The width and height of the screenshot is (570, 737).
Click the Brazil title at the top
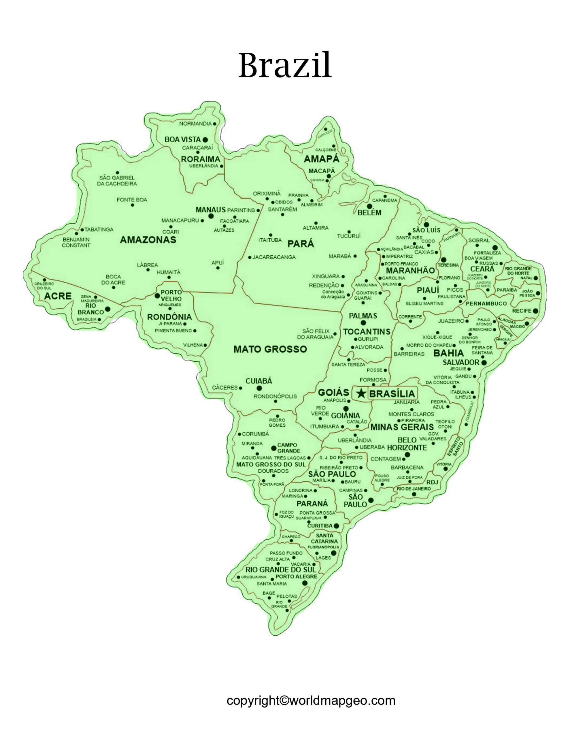[285, 66]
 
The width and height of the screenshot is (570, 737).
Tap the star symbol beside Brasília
[361, 393]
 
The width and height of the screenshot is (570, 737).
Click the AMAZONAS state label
[148, 240]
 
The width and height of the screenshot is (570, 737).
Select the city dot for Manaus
[211, 216]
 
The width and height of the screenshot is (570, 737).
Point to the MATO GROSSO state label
[270, 349]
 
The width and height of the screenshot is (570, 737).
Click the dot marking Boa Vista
[205, 139]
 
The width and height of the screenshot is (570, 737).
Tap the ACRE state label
[58, 296]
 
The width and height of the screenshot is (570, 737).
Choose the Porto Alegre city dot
[304, 583]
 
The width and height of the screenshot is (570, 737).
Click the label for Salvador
[461, 362]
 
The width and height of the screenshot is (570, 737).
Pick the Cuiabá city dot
[259, 388]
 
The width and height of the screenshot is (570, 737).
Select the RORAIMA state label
[200, 159]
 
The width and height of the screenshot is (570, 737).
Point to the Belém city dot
[369, 206]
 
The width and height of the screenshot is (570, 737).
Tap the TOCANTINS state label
[367, 332]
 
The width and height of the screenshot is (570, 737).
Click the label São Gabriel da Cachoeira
[117, 181]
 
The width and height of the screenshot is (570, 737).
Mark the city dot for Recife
[535, 310]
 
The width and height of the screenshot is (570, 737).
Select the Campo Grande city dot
[274, 448]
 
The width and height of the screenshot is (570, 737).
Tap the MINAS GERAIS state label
[402, 427]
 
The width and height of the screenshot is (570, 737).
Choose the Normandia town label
[195, 124]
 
